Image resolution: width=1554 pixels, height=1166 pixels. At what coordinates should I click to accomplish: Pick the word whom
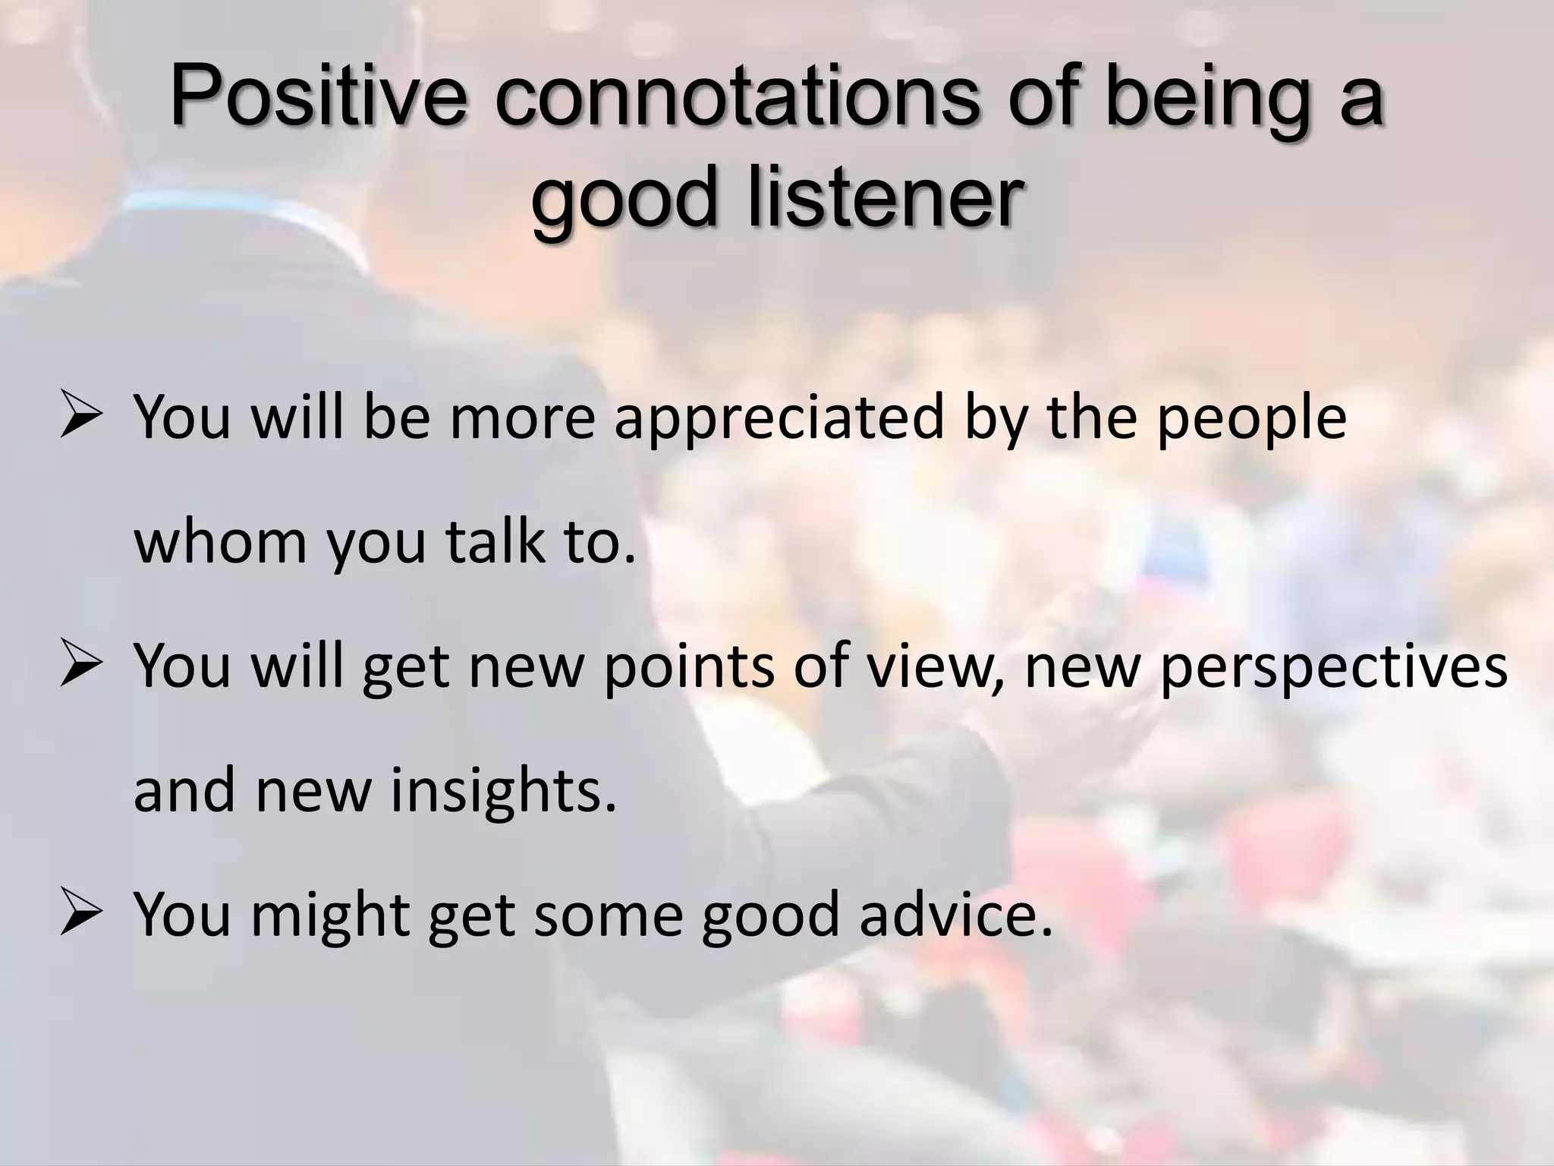pyautogui.click(x=220, y=543)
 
